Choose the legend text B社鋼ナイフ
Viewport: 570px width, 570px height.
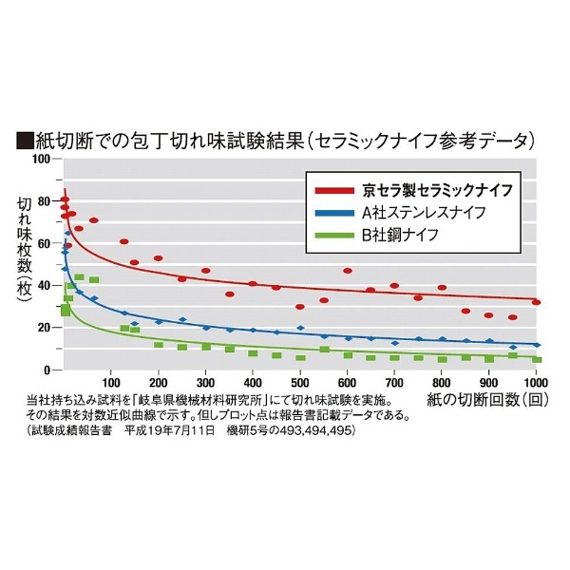pyautogui.click(x=404, y=234)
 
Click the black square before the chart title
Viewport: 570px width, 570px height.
pyautogui.click(x=25, y=140)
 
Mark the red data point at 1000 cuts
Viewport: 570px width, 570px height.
pyautogui.click(x=537, y=302)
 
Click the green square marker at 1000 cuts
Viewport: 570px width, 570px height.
pyautogui.click(x=537, y=359)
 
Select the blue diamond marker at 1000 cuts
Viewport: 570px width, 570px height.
pyautogui.click(x=537, y=345)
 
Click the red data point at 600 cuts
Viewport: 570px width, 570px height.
pyautogui.click(x=348, y=271)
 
